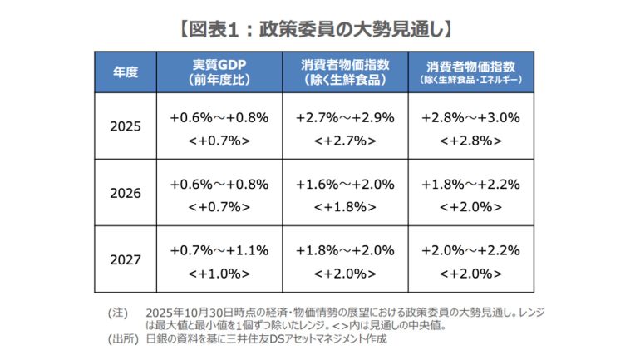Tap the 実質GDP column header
point(219,65)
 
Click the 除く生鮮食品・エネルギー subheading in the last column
point(470,81)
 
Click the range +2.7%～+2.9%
point(345,117)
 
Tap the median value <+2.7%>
point(345,140)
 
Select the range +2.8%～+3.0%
point(470,117)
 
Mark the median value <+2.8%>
point(470,140)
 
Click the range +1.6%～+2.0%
point(345,183)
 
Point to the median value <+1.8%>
point(345,205)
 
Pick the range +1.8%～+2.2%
point(470,183)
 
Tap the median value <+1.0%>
point(219,272)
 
